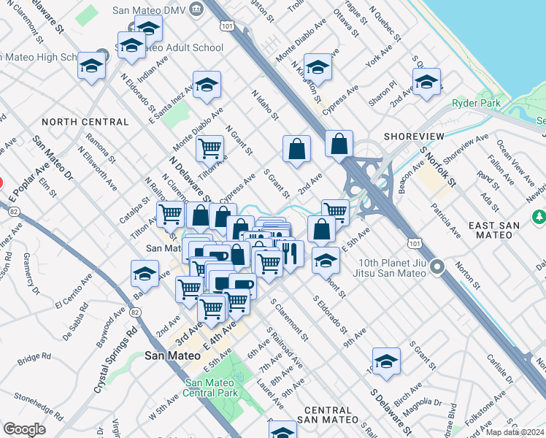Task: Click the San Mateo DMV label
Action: pyautogui.click(x=150, y=10)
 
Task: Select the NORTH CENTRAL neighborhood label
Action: pyautogui.click(x=75, y=122)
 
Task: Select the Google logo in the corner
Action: pyautogui.click(x=24, y=429)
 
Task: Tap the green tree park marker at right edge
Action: pyautogui.click(x=539, y=216)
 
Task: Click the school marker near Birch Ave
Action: pyautogui.click(x=386, y=361)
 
